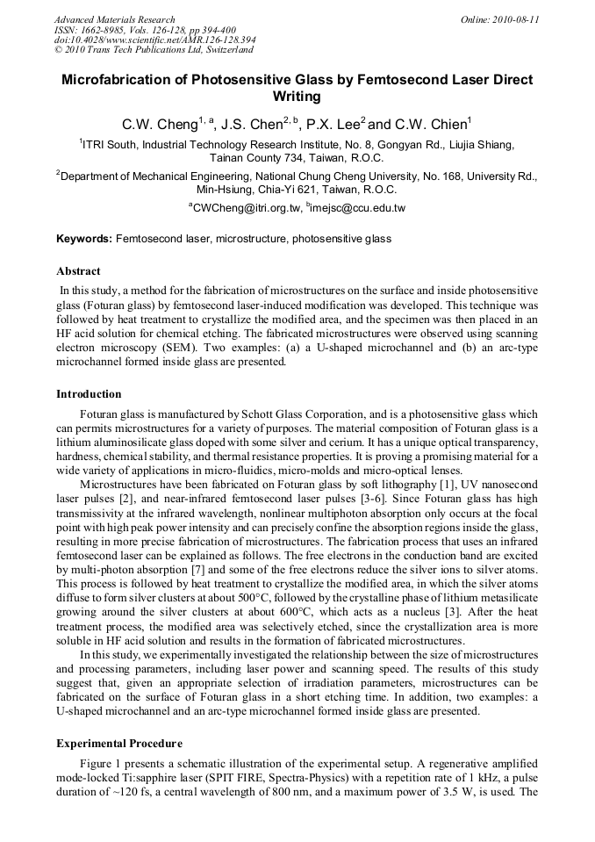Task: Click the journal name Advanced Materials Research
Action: [x=114, y=19]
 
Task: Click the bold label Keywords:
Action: [x=84, y=239]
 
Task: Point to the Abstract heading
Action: [x=78, y=271]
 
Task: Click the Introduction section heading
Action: [x=89, y=394]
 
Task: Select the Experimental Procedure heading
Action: [x=119, y=744]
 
